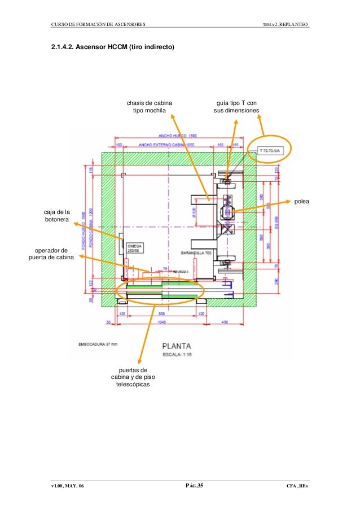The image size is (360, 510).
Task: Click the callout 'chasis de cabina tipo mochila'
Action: [149, 107]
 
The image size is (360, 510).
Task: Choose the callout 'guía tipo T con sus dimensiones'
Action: [235, 107]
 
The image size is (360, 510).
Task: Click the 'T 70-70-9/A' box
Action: [273, 151]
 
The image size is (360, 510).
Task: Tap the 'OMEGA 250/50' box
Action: [134, 249]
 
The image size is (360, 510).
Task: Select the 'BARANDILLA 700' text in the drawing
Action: [196, 252]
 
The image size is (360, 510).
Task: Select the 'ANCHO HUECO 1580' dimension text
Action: [177, 136]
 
